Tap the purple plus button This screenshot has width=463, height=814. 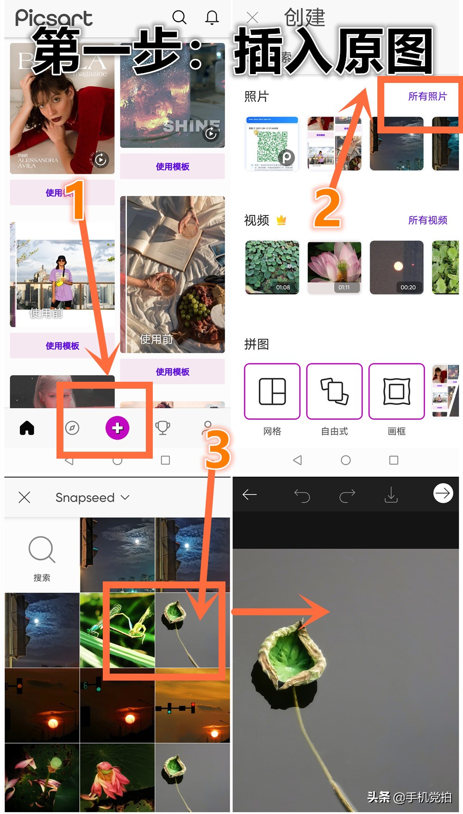[117, 428]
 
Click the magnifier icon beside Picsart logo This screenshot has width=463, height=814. [179, 18]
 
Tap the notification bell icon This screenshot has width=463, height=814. [212, 18]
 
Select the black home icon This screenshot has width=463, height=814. [27, 428]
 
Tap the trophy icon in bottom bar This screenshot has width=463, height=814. [163, 428]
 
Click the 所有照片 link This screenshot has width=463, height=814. [427, 96]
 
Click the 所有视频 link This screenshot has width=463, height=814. [427, 220]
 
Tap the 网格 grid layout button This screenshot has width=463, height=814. [272, 391]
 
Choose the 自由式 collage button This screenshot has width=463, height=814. [334, 391]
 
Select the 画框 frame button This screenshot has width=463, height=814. [396, 391]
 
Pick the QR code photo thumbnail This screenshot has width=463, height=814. [272, 144]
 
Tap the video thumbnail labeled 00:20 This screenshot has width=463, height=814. [396, 267]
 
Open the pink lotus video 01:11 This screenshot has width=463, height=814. [334, 267]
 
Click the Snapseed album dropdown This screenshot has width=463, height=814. [92, 498]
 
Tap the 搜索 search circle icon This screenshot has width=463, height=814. [42, 550]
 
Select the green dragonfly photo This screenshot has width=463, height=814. [117, 630]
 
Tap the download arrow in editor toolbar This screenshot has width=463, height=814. [391, 495]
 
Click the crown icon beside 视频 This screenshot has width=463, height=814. [281, 220]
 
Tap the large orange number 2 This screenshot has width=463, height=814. [327, 208]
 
